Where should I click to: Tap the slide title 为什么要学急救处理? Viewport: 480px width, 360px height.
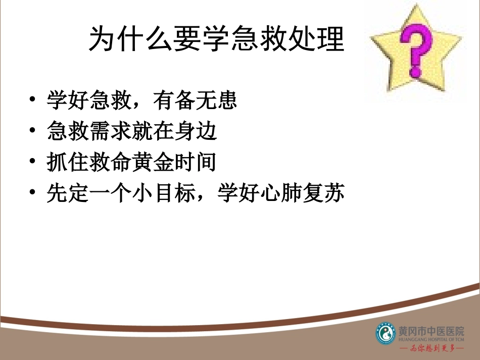tap(216, 39)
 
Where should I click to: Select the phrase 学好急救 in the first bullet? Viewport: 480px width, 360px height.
tap(84, 100)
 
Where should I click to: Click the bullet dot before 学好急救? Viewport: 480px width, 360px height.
tap(33, 100)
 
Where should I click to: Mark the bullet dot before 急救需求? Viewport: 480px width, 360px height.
tap(33, 131)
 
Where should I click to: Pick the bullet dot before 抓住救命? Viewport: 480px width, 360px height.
tap(33, 163)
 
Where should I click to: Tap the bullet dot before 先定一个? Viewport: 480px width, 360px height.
tap(33, 194)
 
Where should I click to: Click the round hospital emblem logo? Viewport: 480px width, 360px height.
tap(386, 333)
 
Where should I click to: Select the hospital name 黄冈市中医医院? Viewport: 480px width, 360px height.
tap(431, 331)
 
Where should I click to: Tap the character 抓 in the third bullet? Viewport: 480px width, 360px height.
tap(56, 162)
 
